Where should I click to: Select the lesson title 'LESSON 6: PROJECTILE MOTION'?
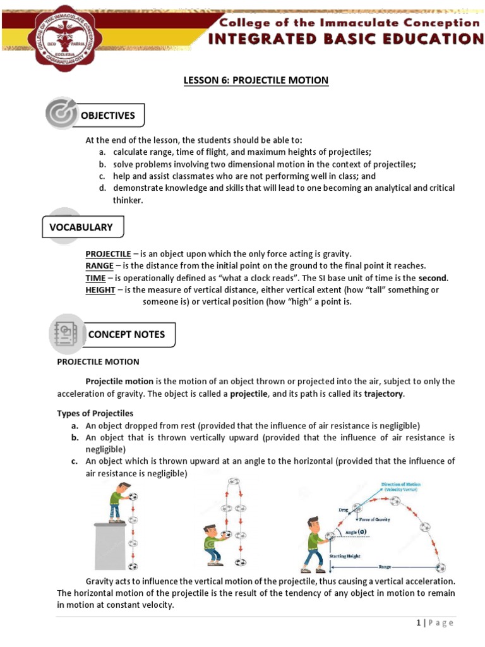[x=256, y=80]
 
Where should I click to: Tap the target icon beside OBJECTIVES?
[x=61, y=114]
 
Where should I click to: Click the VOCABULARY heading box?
[x=82, y=227]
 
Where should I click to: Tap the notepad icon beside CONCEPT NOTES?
[x=66, y=334]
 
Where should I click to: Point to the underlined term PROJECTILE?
[x=108, y=254]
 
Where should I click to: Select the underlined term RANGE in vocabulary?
[x=99, y=266]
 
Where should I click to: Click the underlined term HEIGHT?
[x=100, y=290]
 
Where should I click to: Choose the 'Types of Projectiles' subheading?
[x=95, y=413]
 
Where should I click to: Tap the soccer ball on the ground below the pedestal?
[x=133, y=566]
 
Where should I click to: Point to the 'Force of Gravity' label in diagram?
[x=374, y=519]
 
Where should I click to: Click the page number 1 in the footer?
[x=419, y=623]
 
